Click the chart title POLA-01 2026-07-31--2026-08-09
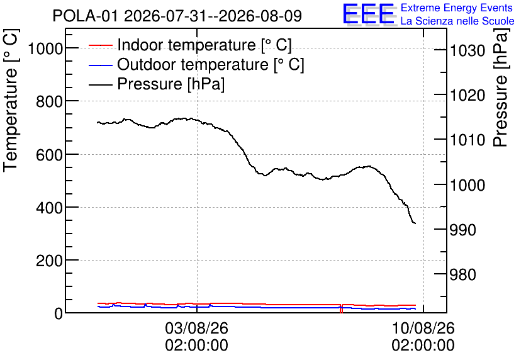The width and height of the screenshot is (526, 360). (177, 16)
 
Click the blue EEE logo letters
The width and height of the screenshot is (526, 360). (369, 14)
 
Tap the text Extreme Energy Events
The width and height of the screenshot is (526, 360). (456, 8)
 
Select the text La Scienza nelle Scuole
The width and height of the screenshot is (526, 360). (457, 21)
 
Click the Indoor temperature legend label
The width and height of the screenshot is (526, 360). (204, 45)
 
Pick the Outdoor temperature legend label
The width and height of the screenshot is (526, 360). (210, 64)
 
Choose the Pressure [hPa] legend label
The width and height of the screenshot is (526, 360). (171, 84)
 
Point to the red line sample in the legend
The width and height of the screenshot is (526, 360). (100, 45)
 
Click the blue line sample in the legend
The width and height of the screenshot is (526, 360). (100, 65)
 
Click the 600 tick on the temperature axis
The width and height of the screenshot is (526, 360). (49, 155)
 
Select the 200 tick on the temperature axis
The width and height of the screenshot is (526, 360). (49, 261)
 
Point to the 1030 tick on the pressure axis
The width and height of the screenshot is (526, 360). (467, 51)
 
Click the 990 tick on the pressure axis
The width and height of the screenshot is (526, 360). (463, 230)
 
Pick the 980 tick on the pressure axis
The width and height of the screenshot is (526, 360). (463, 274)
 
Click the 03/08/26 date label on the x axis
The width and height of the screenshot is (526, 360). (196, 328)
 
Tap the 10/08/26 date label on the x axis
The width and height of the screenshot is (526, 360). (423, 328)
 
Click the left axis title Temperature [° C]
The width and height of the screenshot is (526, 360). (11, 100)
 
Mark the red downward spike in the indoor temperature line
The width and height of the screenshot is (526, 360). (341, 308)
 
